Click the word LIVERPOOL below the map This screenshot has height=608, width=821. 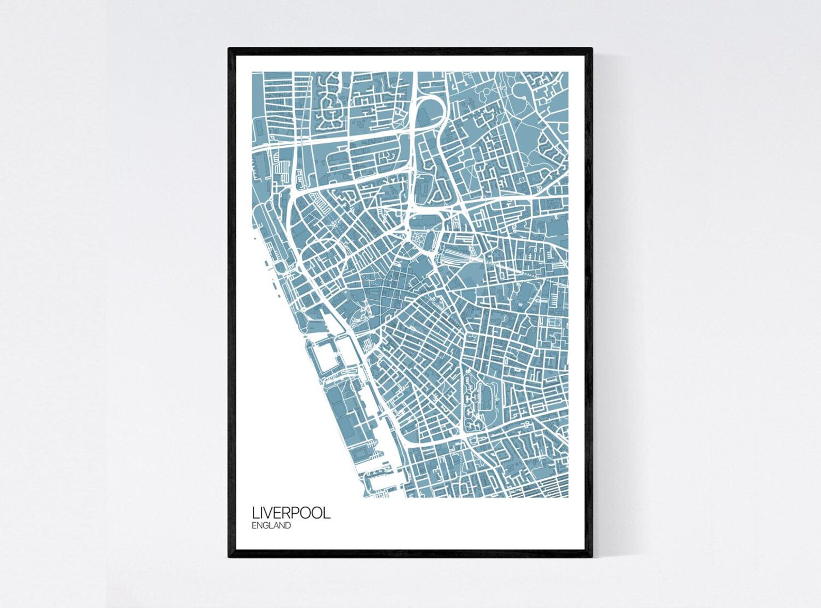pos(291,513)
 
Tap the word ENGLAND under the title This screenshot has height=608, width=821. pos(271,526)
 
